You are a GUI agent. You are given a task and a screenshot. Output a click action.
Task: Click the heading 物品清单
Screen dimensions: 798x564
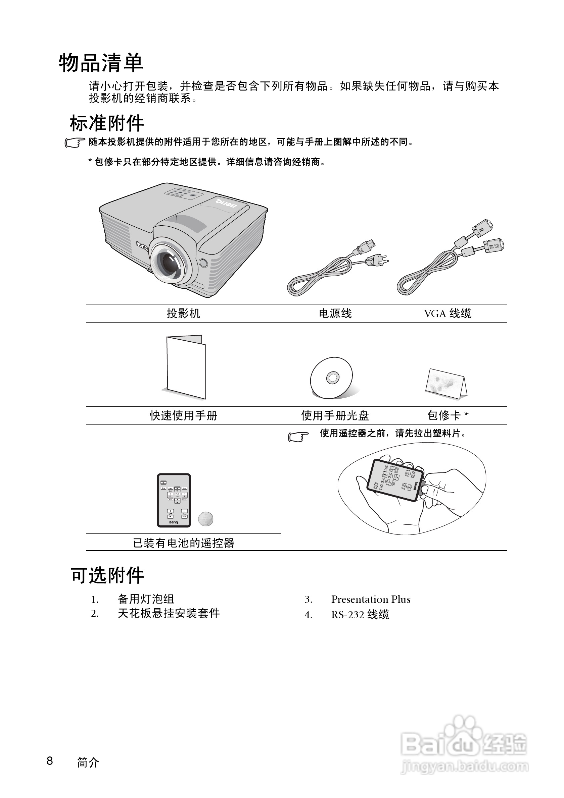(101, 63)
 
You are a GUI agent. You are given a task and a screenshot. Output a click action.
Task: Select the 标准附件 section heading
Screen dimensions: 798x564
(107, 123)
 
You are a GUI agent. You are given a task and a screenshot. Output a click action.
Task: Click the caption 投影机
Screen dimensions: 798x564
(183, 313)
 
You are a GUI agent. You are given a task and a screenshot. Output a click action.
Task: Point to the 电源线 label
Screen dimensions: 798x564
(335, 313)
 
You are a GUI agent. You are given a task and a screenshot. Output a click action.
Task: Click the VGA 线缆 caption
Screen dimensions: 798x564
(448, 313)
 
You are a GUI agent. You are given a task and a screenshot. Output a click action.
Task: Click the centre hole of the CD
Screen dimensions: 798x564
(332, 378)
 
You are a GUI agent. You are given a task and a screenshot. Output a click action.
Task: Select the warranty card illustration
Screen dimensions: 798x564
(446, 384)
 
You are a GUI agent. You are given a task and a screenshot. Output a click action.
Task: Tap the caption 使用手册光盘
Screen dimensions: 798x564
(335, 416)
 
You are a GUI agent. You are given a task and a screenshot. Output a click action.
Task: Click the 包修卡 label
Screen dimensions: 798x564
(444, 416)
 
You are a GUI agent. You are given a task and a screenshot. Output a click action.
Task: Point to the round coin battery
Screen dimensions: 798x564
(206, 519)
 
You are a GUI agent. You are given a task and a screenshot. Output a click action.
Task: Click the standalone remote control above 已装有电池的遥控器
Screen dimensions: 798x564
(174, 500)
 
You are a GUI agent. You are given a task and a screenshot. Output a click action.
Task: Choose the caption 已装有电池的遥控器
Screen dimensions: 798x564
(183, 543)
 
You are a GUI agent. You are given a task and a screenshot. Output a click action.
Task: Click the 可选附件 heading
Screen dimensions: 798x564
(107, 576)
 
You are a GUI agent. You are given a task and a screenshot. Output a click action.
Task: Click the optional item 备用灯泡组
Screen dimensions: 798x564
(146, 599)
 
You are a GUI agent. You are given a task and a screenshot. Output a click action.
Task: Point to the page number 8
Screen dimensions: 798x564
(50, 760)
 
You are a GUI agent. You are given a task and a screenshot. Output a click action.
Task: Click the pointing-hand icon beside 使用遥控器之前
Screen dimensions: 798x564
(298, 437)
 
